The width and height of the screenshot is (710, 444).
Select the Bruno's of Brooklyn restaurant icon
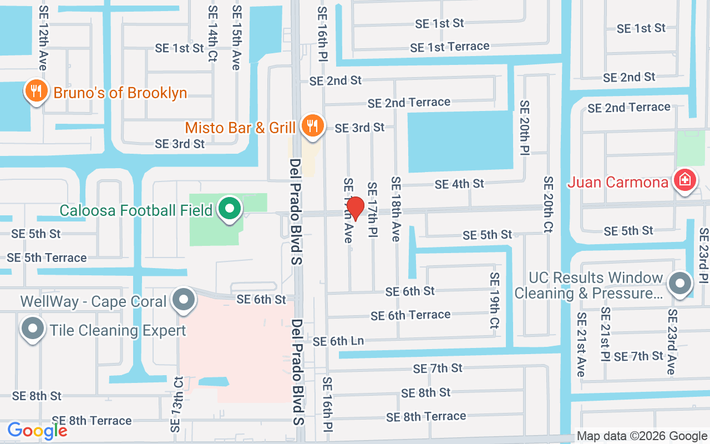36,91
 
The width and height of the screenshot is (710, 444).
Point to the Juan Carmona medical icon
685,180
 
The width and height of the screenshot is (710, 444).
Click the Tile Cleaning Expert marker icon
32,329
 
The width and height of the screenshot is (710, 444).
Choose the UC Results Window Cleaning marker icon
680,284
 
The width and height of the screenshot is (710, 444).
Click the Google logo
37,431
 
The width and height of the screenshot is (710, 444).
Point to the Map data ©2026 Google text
642,436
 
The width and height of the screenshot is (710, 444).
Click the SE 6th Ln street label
338,341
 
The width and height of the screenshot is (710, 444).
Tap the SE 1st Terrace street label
449,47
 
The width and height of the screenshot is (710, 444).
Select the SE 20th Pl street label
525,128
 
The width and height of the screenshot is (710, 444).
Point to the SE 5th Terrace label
47,258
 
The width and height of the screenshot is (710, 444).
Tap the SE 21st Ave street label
581,344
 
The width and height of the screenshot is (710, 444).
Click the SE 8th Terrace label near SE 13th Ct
92,420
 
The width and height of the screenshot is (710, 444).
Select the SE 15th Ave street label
237,38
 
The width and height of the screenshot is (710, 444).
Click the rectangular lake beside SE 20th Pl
460,141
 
